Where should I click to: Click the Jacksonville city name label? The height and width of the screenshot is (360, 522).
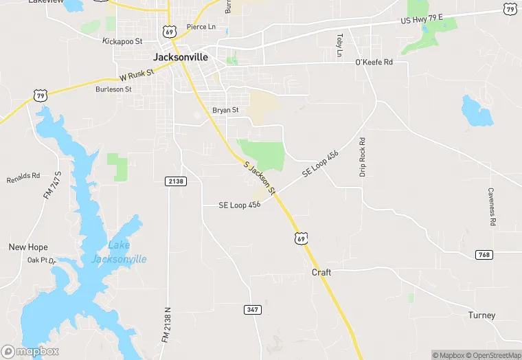pos(180,57)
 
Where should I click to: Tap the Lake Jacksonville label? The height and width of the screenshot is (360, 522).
pos(119,252)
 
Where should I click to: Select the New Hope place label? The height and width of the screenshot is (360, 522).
pos(28,247)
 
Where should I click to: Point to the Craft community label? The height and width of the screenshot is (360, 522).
pos(321,273)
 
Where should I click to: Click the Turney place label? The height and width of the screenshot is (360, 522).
pos(481,315)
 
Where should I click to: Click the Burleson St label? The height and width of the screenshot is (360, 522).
pos(113,89)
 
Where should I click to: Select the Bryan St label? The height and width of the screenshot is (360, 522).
pos(225,110)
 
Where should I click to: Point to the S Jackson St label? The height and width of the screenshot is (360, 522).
pos(260,177)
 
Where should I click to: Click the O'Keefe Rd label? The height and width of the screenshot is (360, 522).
pos(374,62)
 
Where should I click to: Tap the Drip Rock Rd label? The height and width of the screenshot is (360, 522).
pos(363,157)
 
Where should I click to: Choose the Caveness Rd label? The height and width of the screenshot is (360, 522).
pos(492,207)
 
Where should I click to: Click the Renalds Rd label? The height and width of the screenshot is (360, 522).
pos(24,178)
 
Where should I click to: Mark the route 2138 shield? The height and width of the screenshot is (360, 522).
pos(176,181)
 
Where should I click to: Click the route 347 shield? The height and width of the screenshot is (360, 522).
pos(253,310)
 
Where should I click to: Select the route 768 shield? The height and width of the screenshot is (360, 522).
pos(484,255)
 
